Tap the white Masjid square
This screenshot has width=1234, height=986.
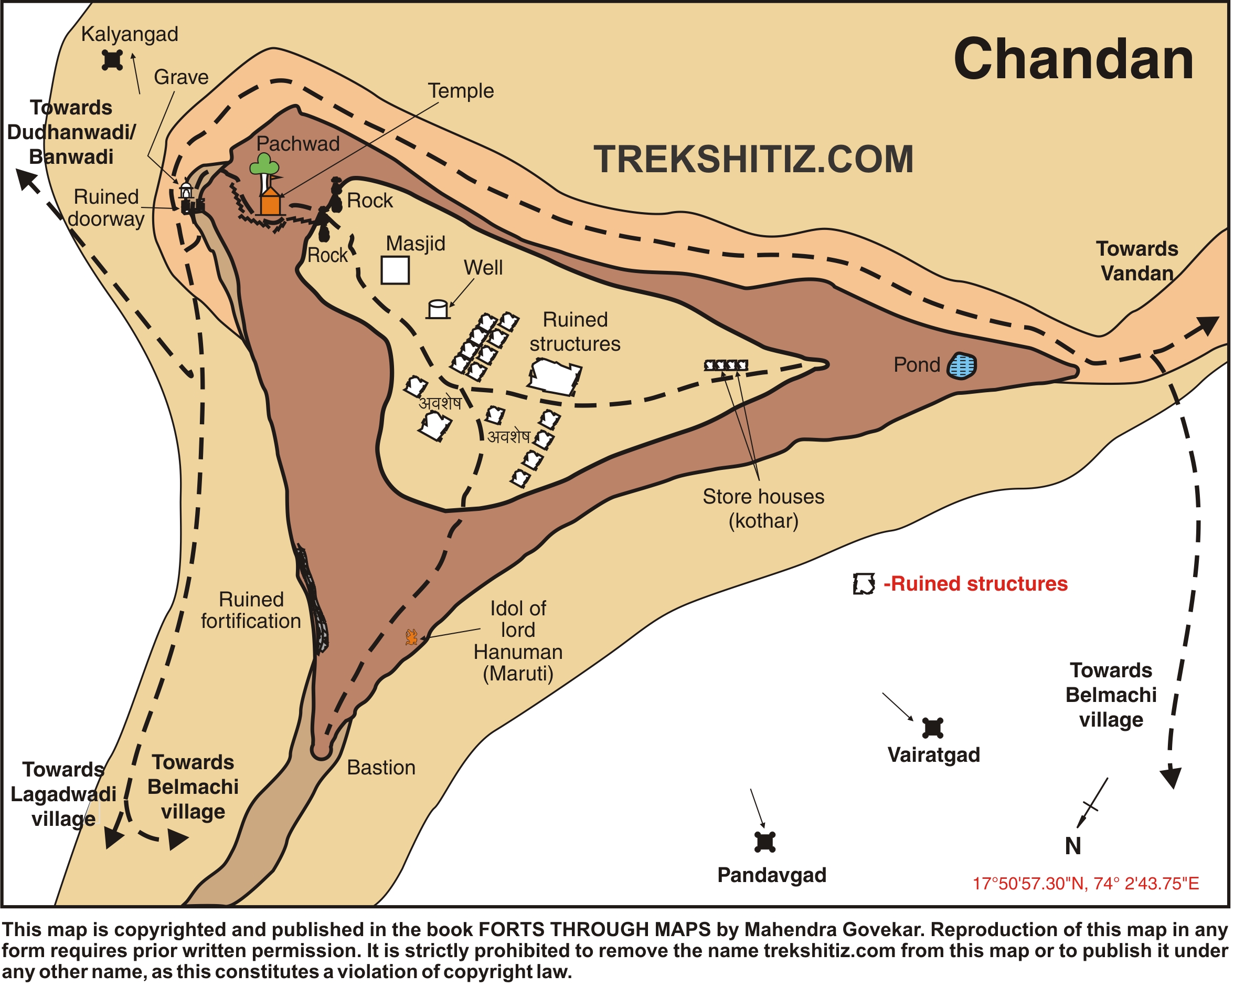click(x=396, y=270)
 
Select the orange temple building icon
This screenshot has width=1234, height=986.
click(x=270, y=203)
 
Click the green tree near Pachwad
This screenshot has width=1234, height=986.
click(x=264, y=165)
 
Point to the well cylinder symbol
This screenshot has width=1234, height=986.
click(x=439, y=309)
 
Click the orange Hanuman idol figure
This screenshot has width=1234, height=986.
click(x=411, y=637)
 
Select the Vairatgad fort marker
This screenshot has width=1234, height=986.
click(x=933, y=728)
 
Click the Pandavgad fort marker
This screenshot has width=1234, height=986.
click(x=766, y=842)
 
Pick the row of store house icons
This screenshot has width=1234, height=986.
click(x=726, y=365)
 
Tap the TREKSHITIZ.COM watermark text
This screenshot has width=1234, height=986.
click(x=753, y=159)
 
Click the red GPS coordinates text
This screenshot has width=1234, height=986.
click(x=1086, y=884)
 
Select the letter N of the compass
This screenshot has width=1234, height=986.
click(x=1073, y=846)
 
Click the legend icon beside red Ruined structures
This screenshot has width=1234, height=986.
click(x=864, y=584)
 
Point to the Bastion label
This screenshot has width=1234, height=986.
click(x=381, y=768)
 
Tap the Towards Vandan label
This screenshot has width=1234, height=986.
click(x=1137, y=261)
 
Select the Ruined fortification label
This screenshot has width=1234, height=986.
click(x=251, y=611)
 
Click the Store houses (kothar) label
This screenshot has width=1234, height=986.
click(x=763, y=508)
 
